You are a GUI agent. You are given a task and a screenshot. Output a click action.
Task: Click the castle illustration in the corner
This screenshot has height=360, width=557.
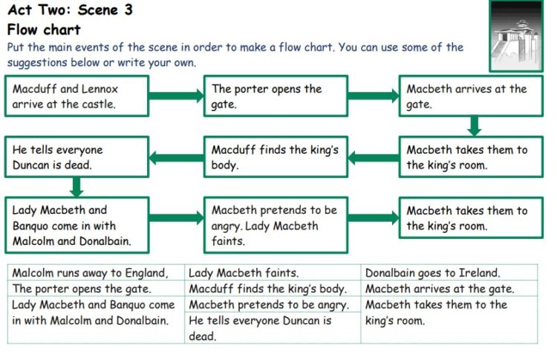516,36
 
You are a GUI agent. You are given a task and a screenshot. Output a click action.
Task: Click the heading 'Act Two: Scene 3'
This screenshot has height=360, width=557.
70,10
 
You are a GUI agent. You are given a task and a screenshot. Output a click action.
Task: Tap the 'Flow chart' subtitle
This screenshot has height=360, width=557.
44,30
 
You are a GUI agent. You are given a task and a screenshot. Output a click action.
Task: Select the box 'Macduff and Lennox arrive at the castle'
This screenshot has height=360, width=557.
76,96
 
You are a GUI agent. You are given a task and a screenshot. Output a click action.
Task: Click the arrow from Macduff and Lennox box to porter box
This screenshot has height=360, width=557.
176,96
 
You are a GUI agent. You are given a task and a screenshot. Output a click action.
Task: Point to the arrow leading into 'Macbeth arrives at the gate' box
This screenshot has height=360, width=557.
374,96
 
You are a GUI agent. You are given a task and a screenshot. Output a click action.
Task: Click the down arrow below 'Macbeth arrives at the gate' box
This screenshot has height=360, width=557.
475,126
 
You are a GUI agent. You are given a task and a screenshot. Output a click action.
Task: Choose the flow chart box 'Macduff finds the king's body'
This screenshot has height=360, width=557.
276,157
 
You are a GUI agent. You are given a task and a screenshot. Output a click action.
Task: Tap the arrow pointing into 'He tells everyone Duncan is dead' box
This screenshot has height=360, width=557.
176,157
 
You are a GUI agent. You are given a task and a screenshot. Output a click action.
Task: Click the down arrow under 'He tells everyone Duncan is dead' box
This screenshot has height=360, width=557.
76,187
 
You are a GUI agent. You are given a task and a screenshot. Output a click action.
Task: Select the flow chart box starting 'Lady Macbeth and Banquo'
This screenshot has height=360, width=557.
76,225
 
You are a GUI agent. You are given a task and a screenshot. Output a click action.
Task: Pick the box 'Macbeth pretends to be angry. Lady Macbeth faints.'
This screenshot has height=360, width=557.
276,225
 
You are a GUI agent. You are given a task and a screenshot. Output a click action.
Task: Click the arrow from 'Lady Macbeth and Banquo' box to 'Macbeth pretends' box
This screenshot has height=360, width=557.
176,217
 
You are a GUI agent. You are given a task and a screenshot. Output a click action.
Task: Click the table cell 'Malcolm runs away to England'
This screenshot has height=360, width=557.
96,272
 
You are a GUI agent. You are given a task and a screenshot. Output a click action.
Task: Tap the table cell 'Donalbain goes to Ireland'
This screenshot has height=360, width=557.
449,272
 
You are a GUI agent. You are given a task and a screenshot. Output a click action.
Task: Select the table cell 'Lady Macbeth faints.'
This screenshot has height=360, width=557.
273,272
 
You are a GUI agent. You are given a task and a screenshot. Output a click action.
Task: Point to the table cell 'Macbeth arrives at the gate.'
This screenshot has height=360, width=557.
449,289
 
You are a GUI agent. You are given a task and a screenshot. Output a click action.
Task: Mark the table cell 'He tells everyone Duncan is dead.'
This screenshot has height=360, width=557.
273,327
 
